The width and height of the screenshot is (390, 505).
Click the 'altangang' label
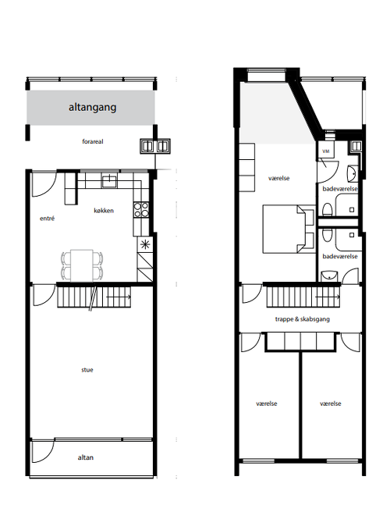click(92, 107)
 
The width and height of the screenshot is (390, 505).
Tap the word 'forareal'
click(93, 141)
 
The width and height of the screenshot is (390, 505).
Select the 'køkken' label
click(104, 211)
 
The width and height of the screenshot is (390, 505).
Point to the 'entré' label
click(48, 219)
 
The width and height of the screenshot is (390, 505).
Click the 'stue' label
click(87, 370)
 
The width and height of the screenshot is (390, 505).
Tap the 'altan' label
click(86, 457)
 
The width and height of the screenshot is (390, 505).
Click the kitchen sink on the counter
click(110, 180)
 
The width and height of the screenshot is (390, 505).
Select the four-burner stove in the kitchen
click(141, 209)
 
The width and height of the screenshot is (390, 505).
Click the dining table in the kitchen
click(82, 265)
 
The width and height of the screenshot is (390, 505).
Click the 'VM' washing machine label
click(325, 151)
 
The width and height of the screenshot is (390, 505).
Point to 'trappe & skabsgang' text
click(303, 319)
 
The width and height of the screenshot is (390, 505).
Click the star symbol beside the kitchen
click(145, 244)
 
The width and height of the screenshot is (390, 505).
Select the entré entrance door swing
click(44, 185)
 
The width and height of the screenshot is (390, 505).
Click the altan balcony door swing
click(43, 452)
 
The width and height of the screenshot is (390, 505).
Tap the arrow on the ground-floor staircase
click(119, 297)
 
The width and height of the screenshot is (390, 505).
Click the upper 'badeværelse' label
click(340, 189)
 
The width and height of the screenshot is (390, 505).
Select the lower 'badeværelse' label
click(340, 256)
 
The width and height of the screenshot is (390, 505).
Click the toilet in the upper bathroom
click(328, 210)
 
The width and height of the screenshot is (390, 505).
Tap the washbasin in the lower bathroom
click(329, 276)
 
